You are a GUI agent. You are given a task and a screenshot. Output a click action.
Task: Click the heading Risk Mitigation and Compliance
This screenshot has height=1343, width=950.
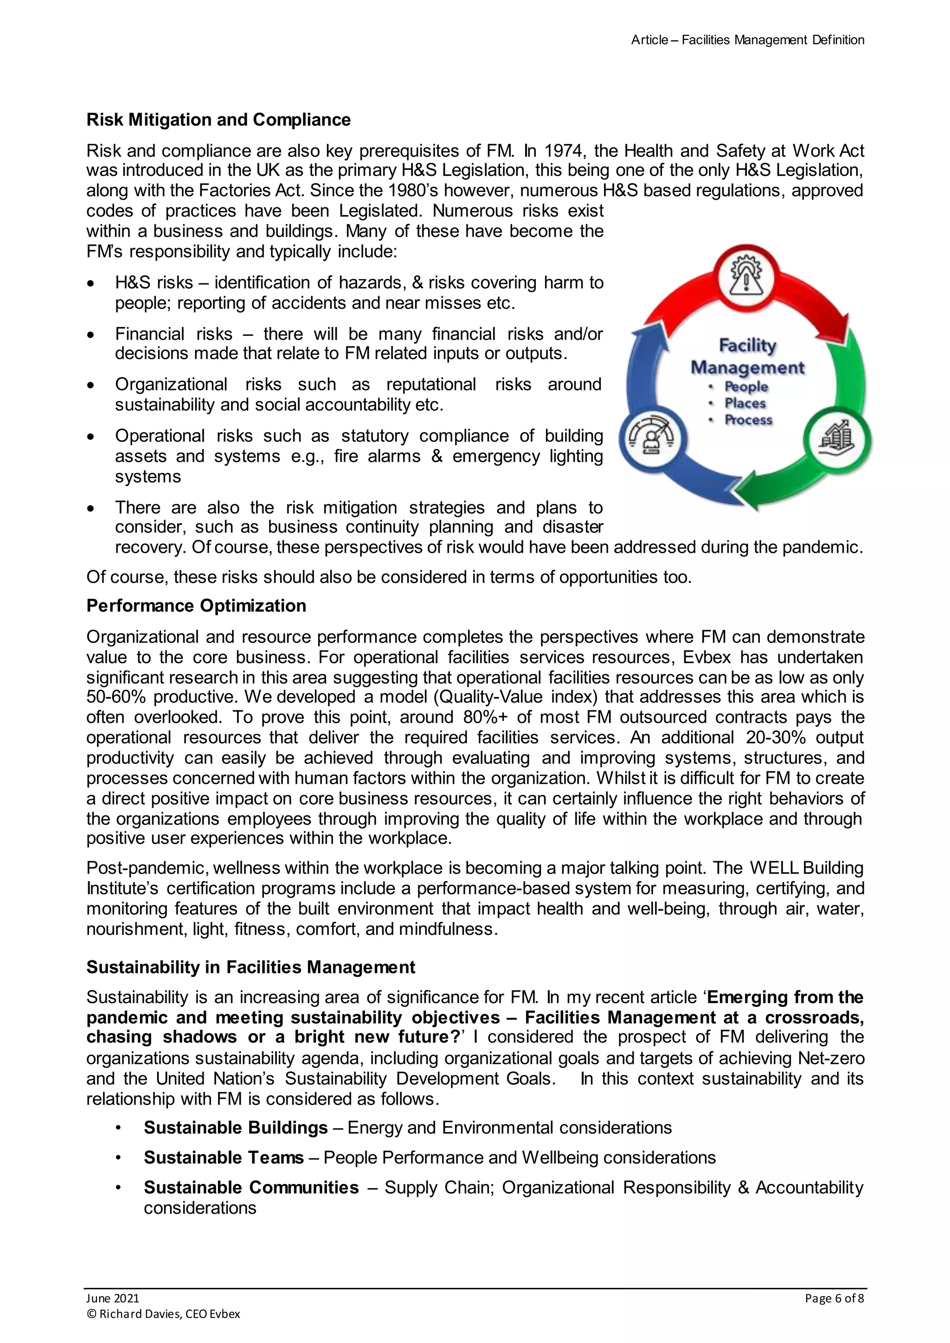[218, 120]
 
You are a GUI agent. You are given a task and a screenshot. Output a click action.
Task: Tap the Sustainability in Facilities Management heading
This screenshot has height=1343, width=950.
[250, 967]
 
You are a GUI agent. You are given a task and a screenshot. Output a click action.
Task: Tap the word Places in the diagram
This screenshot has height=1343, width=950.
[745, 403]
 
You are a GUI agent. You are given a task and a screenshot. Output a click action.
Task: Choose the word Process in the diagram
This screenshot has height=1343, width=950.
[748, 420]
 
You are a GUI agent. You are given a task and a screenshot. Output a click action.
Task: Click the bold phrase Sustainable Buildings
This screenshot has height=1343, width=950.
[236, 1127]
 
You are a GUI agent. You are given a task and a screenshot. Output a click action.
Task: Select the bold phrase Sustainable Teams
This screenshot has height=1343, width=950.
[224, 1157]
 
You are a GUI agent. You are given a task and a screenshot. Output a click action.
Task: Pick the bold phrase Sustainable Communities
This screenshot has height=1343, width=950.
[251, 1187]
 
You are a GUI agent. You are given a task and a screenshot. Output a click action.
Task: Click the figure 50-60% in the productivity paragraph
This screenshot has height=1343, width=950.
[116, 697]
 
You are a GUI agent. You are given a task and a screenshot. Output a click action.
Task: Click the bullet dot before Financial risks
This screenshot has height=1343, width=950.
[90, 334]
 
